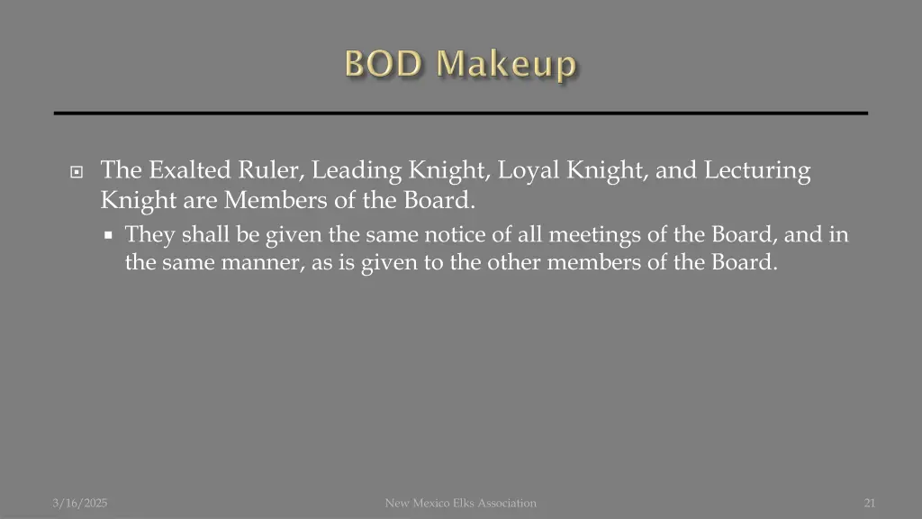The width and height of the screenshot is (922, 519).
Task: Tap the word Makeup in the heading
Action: (x=507, y=65)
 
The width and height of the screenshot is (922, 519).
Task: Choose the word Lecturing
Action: (x=757, y=170)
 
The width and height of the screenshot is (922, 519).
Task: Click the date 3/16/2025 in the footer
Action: (x=79, y=503)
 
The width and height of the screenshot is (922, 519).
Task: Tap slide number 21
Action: (x=869, y=503)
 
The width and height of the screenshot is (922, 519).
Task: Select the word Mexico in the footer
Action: (x=434, y=503)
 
